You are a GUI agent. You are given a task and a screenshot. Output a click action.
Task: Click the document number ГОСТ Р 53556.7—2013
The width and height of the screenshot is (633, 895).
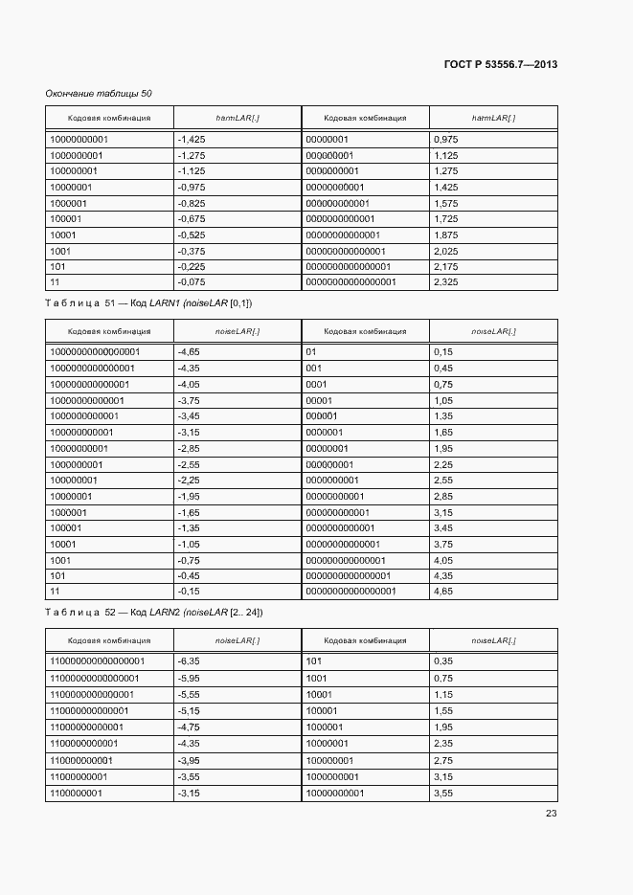500,65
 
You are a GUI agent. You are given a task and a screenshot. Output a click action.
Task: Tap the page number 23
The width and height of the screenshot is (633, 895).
551,814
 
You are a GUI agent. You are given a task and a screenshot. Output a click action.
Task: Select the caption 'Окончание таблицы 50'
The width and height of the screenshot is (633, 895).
99,93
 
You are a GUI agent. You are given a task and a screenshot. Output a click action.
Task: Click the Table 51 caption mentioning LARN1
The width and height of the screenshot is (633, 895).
148,302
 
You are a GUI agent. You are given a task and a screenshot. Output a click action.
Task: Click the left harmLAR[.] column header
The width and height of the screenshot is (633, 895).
237,118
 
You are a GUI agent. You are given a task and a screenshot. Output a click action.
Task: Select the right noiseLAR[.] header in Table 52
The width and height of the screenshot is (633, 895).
493,640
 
